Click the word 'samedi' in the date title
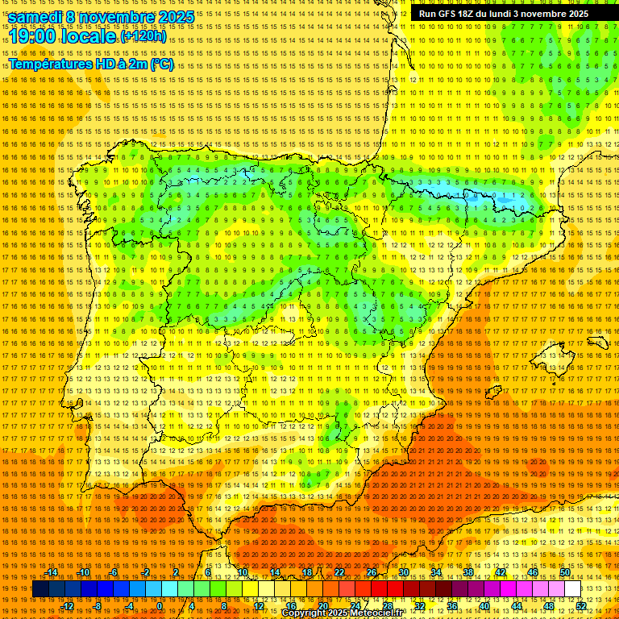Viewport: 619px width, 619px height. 35,17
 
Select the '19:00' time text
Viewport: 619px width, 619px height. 33,37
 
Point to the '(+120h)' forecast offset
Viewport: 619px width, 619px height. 143,36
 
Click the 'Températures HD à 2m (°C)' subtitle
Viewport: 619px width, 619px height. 90,64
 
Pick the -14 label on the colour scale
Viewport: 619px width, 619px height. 52,573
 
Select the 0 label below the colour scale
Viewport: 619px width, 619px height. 160,606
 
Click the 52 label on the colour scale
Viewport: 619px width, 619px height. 581,606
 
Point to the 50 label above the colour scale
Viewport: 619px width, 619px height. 565,573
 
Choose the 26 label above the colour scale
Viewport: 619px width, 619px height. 372,573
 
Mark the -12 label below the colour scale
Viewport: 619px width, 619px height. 69,606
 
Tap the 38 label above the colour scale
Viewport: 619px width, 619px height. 468,573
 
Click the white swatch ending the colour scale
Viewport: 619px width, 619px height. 573,589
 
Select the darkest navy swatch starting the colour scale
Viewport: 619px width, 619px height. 40,589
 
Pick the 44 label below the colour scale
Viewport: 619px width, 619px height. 517,606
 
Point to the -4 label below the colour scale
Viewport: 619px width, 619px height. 129,606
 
